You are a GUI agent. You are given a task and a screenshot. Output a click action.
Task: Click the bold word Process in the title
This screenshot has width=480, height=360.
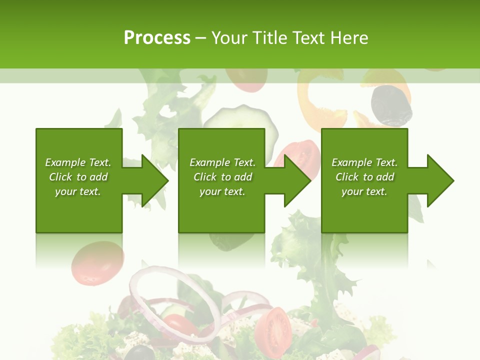[157, 38]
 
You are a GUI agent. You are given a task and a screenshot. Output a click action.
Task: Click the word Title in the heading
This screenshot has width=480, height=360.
[269, 38]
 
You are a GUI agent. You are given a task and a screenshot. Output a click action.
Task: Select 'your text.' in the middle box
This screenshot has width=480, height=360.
[222, 191]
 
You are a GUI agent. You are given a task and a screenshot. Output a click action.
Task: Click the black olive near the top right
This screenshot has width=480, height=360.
[391, 105]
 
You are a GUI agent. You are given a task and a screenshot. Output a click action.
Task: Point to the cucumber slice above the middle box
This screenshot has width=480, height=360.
[240, 125]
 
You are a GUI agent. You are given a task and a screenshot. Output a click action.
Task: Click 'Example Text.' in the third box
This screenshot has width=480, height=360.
[364, 162]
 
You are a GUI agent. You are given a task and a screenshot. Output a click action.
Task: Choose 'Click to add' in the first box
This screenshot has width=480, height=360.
[78, 177]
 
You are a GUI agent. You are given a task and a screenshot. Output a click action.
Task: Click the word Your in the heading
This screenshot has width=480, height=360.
[229, 38]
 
